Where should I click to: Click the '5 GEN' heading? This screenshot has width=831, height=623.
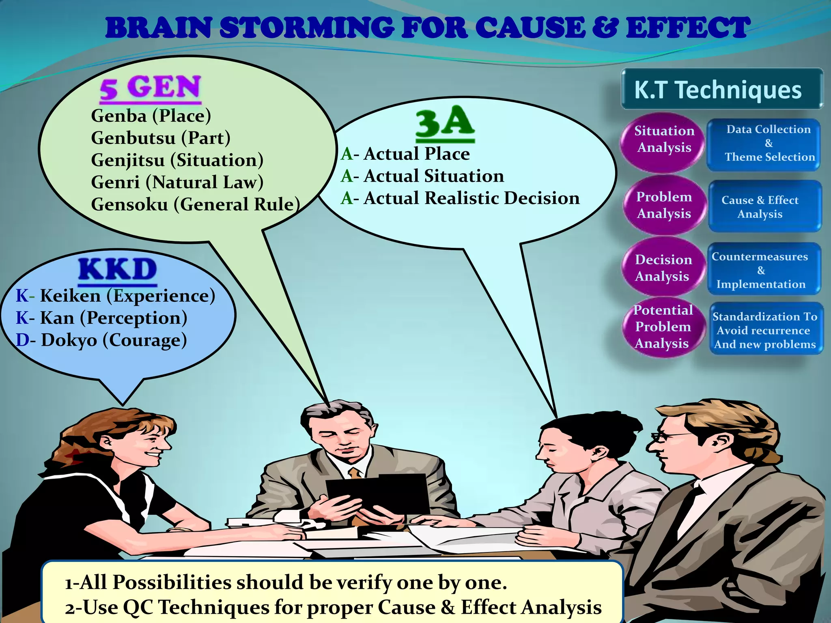tap(151, 88)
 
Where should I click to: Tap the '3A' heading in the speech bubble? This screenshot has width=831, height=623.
tap(445, 122)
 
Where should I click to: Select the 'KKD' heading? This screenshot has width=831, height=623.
tap(118, 270)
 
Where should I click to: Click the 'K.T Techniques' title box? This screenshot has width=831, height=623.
tap(722, 89)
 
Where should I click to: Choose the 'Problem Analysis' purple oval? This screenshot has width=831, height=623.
tap(664, 205)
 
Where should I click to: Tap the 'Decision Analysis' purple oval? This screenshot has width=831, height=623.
tap(663, 267)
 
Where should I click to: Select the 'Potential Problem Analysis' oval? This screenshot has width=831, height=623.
tap(663, 327)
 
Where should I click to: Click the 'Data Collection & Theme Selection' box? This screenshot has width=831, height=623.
tap(764, 144)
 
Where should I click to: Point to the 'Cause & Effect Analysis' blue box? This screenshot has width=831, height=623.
tap(764, 206)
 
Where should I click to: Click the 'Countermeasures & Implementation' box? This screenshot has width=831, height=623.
tap(764, 269)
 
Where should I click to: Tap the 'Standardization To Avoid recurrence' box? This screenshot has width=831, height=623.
tap(766, 329)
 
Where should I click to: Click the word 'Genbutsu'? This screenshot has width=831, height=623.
tap(133, 138)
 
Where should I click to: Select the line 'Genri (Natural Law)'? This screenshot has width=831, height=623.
tap(177, 183)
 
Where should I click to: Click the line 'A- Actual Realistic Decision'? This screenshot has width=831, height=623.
tap(460, 198)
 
